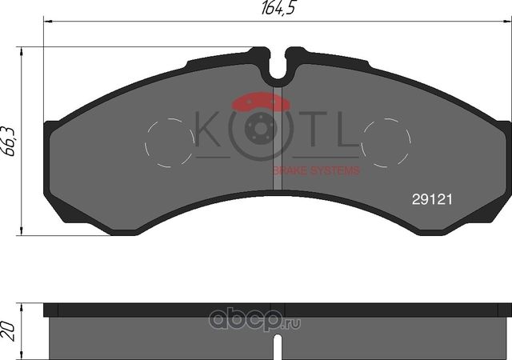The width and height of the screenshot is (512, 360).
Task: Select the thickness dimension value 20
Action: (x=10, y=326)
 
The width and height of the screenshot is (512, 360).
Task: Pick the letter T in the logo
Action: (x=315, y=131)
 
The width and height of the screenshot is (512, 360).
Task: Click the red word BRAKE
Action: (x=290, y=170)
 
